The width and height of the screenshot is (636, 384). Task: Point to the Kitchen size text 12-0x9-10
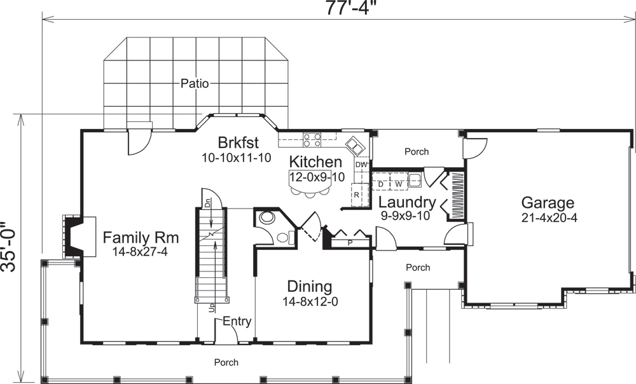tap(316, 177)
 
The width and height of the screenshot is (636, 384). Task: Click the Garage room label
tap(548, 203)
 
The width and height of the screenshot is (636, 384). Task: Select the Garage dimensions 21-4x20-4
tap(548, 218)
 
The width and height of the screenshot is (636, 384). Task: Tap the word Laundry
tap(407, 203)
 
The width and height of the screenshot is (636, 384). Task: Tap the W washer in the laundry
tap(398, 184)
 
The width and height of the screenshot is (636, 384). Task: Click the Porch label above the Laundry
tap(417, 151)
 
